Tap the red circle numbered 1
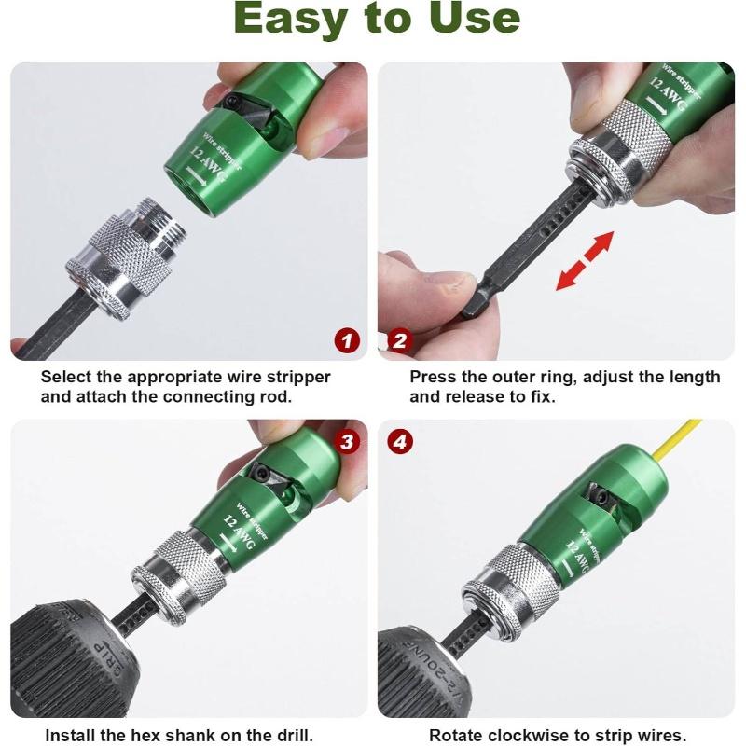pyautogui.click(x=347, y=341)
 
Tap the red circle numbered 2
pyautogui.click(x=399, y=341)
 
